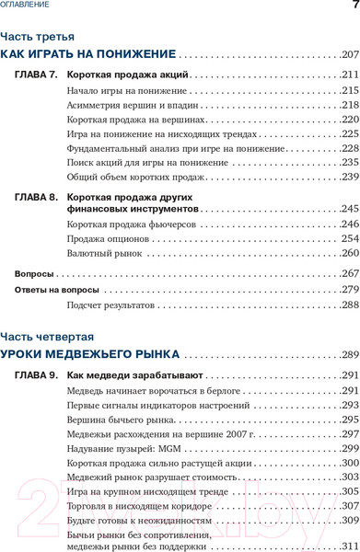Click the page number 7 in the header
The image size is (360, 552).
[354, 6]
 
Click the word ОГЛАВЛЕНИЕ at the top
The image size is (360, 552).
[26, 6]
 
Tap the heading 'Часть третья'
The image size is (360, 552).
[32, 37]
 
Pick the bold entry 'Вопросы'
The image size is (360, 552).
[35, 274]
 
